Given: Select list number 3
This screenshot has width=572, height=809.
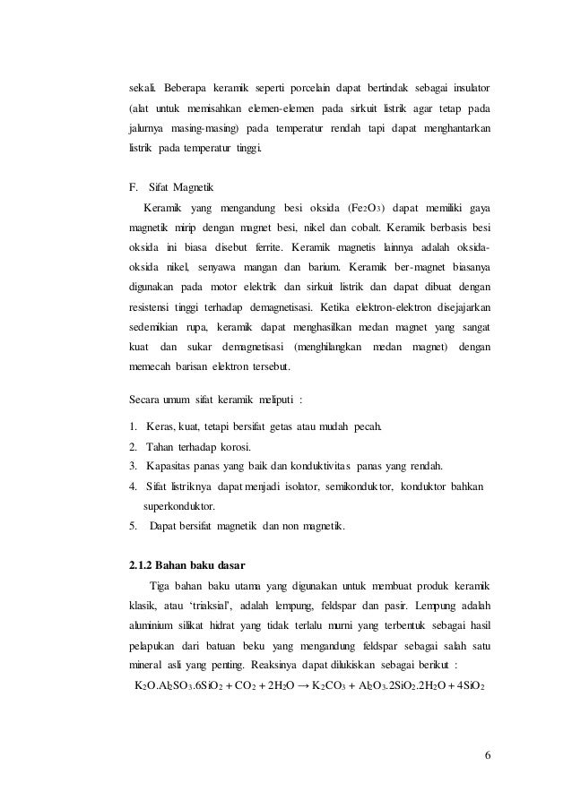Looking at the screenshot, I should [x=133, y=467].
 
